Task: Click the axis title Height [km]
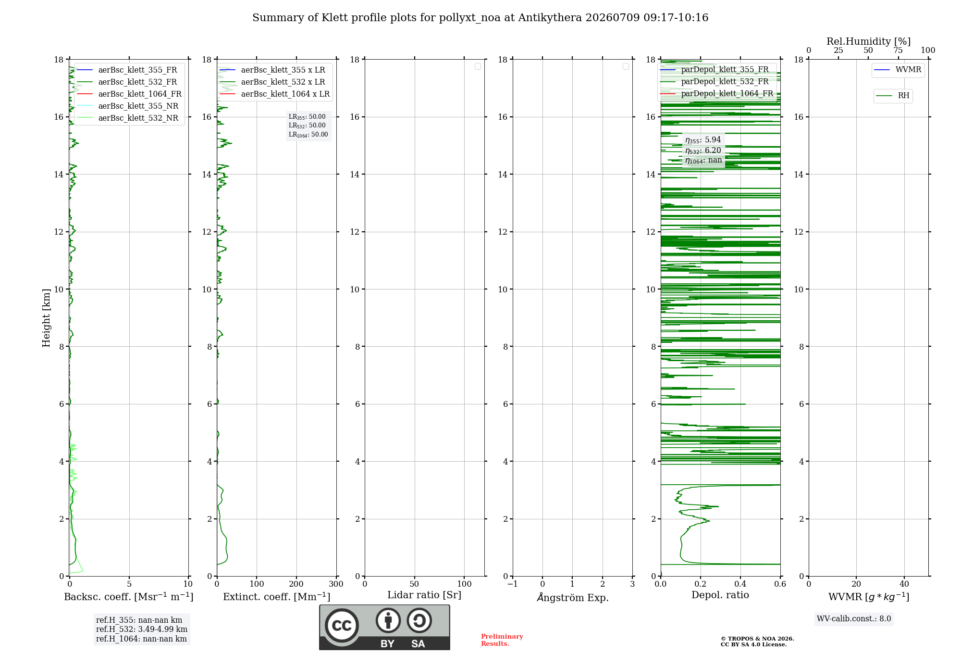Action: [46, 318]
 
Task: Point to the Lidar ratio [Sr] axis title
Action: [424, 595]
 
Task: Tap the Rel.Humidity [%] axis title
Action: [869, 41]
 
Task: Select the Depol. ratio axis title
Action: [720, 595]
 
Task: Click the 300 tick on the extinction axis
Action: [336, 584]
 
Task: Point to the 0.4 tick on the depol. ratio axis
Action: [740, 584]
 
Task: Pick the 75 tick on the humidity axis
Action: [898, 50]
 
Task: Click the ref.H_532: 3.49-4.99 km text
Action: [142, 629]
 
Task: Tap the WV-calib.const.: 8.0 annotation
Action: [854, 618]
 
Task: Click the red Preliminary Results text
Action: [502, 640]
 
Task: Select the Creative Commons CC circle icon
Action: [342, 626]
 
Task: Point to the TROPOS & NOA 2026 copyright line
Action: [757, 639]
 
